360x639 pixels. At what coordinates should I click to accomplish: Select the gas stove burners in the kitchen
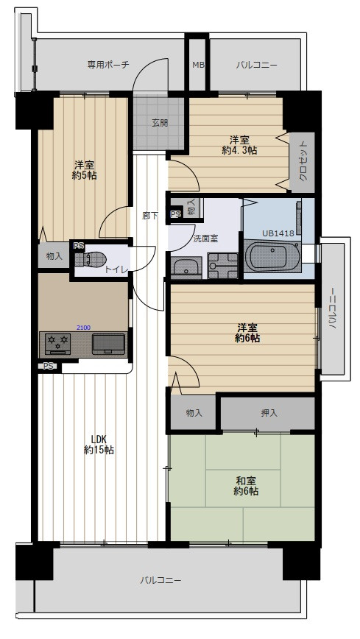tap(57, 344)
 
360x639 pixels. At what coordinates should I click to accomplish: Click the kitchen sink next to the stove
tap(108, 344)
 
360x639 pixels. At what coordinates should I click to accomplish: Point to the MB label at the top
tap(198, 65)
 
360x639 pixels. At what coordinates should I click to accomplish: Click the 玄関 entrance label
tap(160, 123)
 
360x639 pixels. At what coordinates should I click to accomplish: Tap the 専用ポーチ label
tap(108, 64)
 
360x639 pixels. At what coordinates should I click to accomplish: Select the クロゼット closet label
tap(303, 161)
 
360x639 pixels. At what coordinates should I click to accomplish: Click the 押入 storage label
tap(269, 413)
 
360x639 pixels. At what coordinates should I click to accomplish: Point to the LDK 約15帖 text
tap(99, 445)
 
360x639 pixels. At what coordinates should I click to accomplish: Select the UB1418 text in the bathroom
tap(278, 233)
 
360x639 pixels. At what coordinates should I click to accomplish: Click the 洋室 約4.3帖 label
tap(239, 145)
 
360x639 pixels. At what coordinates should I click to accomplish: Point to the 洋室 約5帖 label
tap(85, 170)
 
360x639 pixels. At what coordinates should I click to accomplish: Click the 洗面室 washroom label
tap(205, 239)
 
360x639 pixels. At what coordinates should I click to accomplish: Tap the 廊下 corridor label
tap(150, 216)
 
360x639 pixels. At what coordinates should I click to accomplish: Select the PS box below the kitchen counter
tap(48, 366)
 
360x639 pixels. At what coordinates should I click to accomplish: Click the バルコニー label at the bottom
tap(160, 580)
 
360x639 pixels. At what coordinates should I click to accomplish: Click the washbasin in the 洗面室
tap(186, 268)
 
